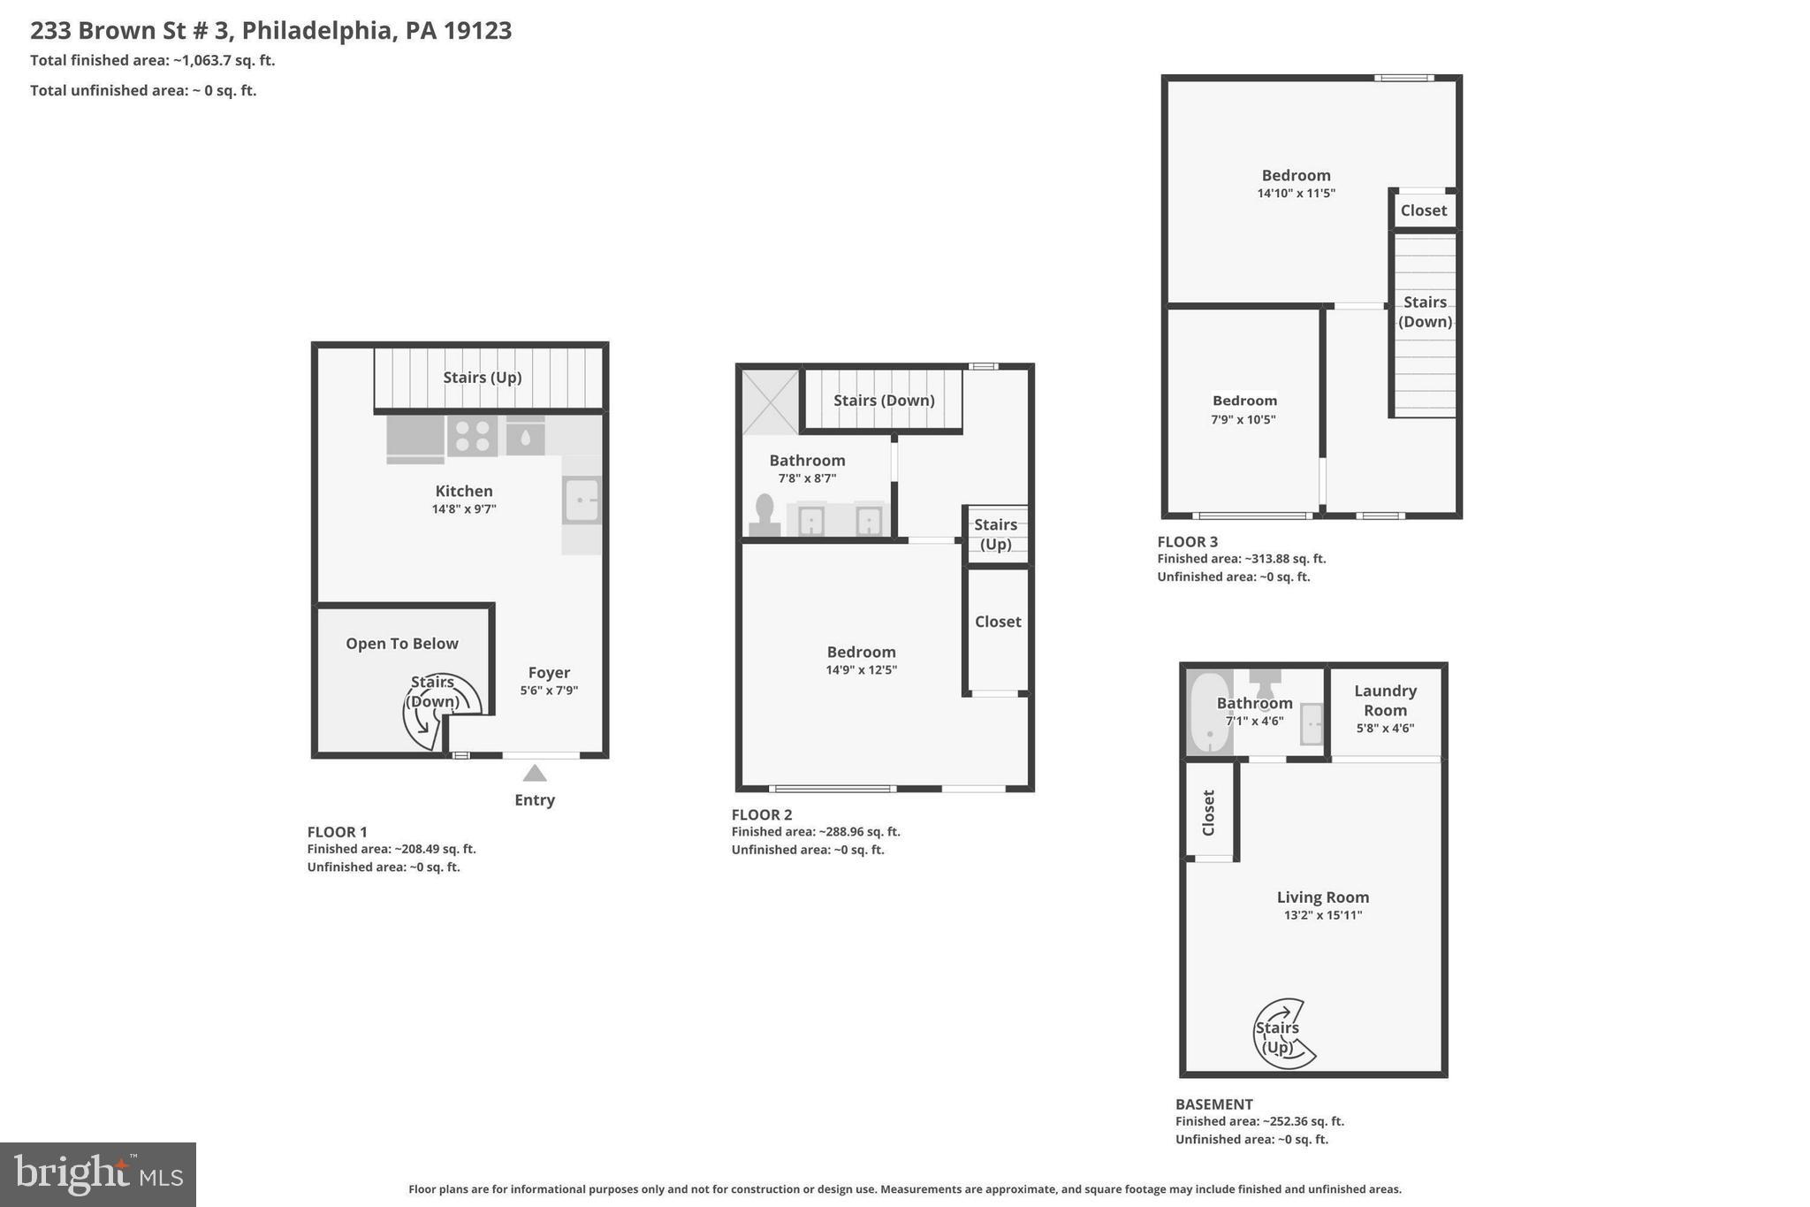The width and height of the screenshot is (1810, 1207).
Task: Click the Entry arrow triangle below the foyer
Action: tap(534, 774)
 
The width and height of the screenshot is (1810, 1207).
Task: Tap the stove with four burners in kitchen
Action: tap(472, 436)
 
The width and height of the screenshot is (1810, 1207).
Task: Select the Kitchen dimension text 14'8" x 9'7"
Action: tap(464, 509)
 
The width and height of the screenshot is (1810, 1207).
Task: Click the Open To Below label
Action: tap(402, 644)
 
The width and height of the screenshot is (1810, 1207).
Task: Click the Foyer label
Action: tap(549, 673)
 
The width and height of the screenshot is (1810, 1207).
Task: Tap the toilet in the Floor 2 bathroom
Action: tap(764, 516)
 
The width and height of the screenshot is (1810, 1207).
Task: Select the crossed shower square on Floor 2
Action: tap(770, 402)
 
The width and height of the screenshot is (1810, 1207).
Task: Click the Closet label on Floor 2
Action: tap(998, 622)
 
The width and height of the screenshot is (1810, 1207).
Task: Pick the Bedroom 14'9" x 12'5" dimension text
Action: tap(861, 670)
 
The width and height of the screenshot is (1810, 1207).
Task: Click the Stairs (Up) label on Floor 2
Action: tap(996, 534)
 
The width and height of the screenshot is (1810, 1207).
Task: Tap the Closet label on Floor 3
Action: tap(1423, 210)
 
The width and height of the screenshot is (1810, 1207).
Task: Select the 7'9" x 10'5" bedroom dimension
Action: tap(1243, 419)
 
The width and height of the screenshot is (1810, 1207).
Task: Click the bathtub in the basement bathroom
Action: tap(1208, 713)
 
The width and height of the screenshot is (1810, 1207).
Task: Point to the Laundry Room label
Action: tap(1385, 700)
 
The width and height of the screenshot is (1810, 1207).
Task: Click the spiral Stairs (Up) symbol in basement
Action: tap(1282, 1035)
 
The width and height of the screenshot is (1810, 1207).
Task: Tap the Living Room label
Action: tap(1322, 898)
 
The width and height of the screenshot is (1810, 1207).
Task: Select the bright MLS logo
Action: tap(98, 1174)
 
